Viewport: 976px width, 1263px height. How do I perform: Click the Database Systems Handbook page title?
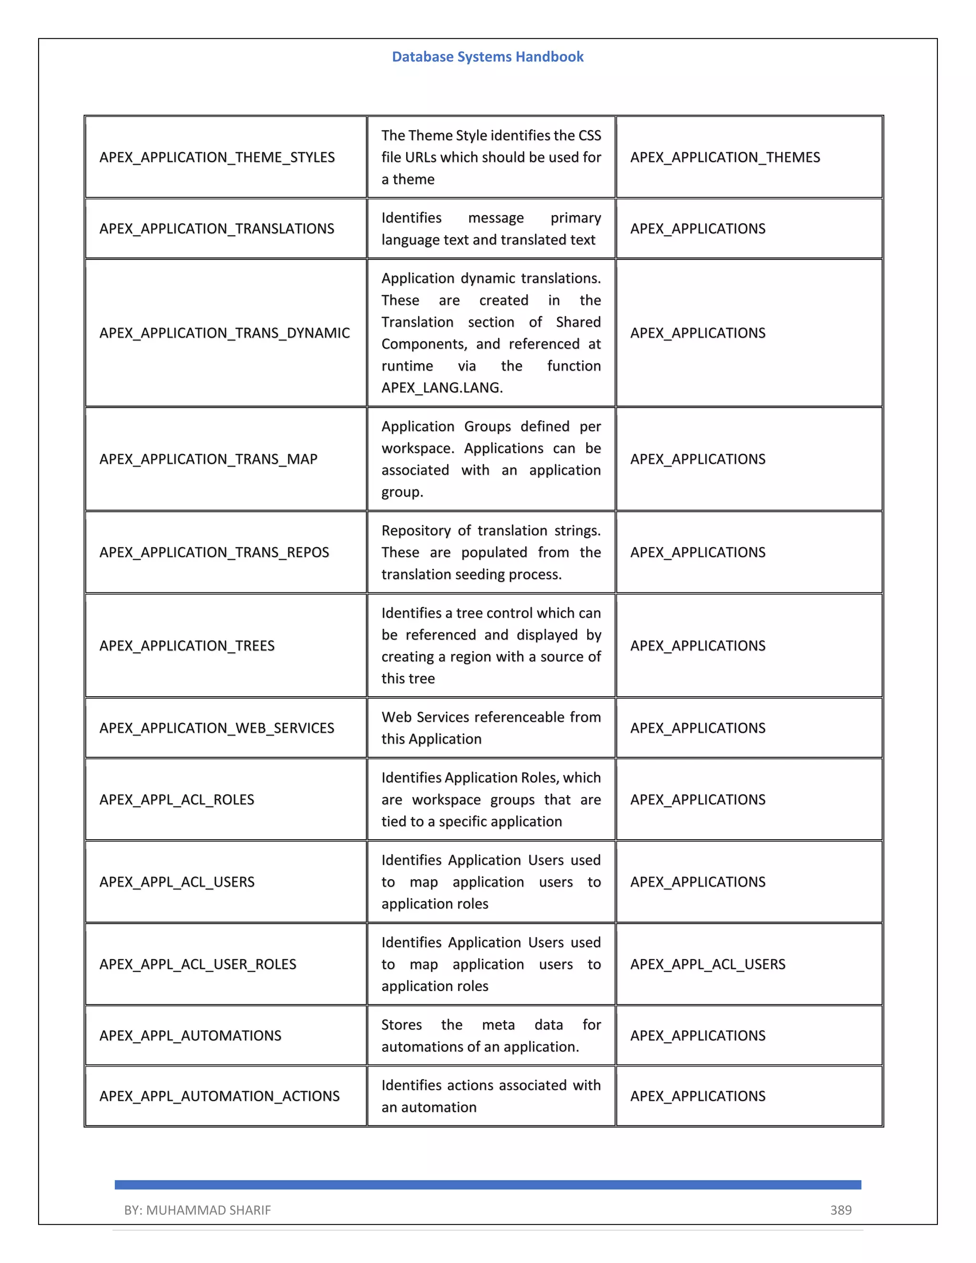[x=488, y=57]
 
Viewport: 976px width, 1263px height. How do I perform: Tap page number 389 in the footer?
[x=840, y=1210]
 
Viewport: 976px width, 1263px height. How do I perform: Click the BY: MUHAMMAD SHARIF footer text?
[x=197, y=1210]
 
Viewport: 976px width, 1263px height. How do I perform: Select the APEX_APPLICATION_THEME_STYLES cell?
[x=217, y=157]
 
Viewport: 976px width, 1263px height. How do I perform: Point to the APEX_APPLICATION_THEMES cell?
[x=724, y=157]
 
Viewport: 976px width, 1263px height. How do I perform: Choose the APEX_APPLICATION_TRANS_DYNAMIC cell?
[x=224, y=333]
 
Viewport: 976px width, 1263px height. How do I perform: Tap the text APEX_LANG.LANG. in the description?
[x=442, y=388]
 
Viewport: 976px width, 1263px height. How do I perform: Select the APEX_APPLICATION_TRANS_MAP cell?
[x=208, y=459]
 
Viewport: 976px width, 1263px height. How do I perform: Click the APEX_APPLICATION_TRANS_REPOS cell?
[x=214, y=552]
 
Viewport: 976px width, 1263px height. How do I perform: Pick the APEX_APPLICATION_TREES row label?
[x=187, y=646]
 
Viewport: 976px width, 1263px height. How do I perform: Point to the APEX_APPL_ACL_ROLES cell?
[x=176, y=800]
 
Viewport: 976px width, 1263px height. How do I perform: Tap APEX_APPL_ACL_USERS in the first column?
[x=176, y=882]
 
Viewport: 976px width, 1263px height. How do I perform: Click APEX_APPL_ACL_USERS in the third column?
[x=707, y=964]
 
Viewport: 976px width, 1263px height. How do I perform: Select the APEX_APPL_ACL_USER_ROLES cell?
[x=197, y=964]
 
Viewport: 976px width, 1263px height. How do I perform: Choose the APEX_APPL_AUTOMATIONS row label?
[x=190, y=1036]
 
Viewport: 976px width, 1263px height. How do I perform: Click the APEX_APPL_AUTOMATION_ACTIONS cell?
[x=219, y=1097]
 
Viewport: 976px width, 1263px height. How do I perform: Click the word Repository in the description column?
[x=416, y=531]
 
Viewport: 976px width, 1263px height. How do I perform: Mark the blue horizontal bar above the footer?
[x=488, y=1185]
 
